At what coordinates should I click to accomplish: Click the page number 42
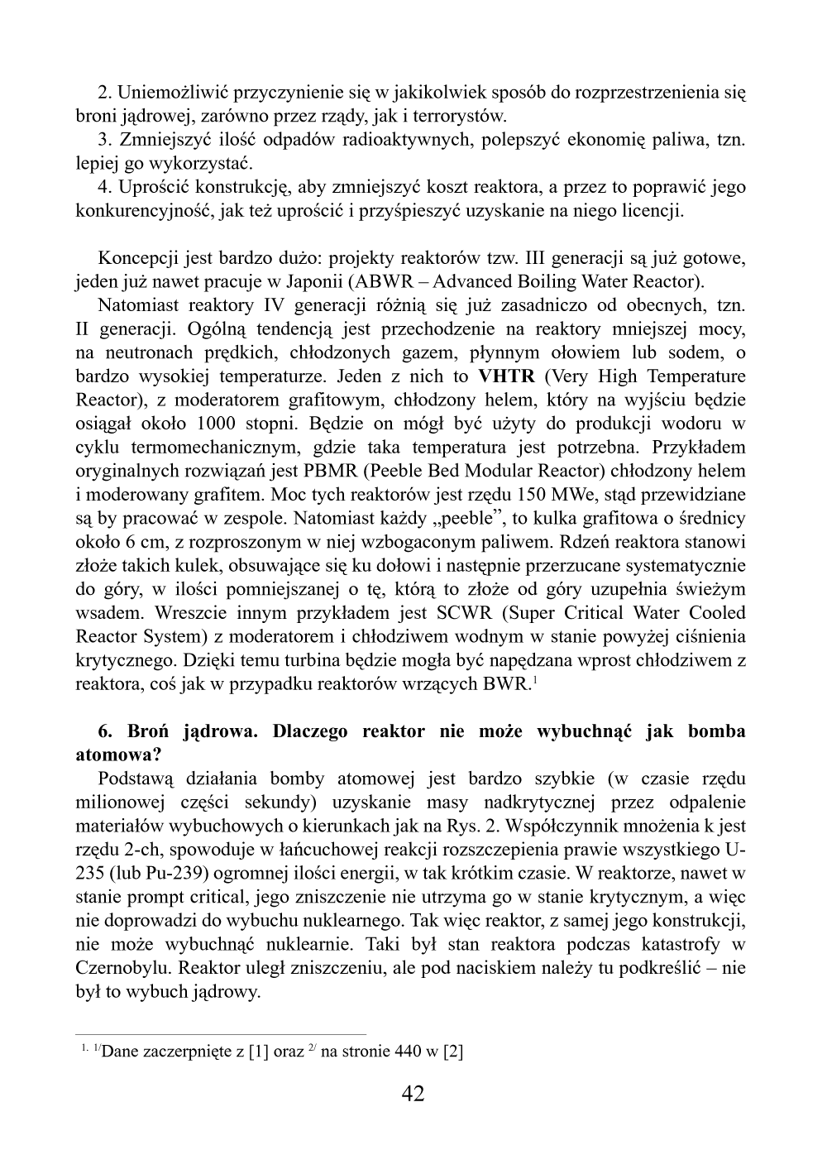tap(413, 1094)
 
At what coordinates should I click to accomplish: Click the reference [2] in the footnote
tap(453, 1052)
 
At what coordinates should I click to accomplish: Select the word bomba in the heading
tap(715, 731)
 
